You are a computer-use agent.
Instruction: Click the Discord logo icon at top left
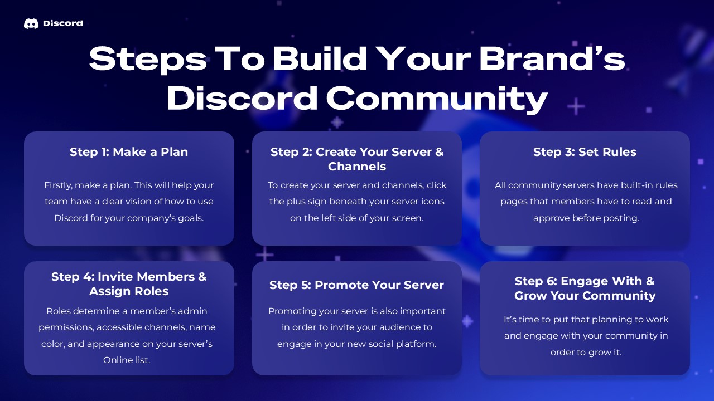tap(31, 23)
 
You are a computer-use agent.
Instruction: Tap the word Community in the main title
tap(437, 99)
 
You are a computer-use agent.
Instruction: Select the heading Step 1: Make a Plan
tap(129, 152)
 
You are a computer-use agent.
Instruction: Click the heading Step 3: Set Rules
tap(585, 152)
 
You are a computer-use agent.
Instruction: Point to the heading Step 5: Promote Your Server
tap(356, 285)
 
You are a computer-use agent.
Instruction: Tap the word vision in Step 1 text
tap(163, 202)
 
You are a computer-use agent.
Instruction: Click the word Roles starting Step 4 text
tap(59, 311)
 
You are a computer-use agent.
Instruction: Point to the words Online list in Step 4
tap(127, 360)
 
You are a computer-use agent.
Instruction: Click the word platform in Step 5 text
tap(415, 344)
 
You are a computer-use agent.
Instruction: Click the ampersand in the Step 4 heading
tap(201, 277)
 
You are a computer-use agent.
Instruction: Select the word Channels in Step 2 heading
tap(357, 167)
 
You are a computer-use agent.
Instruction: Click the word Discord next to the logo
tap(62, 23)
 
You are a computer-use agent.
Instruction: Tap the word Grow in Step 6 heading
tap(530, 296)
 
